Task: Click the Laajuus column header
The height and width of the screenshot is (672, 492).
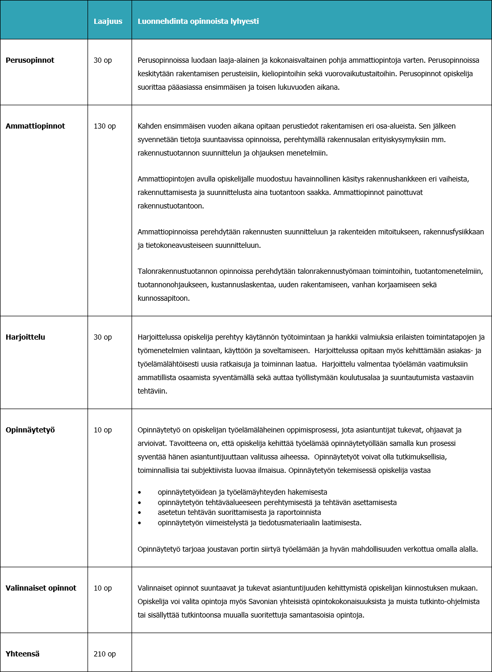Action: (108, 22)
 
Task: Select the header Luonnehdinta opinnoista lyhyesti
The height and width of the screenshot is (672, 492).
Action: (198, 22)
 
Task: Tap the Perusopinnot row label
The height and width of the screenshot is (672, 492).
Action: (30, 60)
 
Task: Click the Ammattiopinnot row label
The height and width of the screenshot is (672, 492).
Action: (35, 126)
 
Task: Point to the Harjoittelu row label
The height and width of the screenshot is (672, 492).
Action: (25, 337)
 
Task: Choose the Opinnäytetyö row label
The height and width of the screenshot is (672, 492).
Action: (30, 430)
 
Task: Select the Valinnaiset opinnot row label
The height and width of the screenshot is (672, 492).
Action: (41, 588)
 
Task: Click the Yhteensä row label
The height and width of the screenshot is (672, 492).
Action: (23, 654)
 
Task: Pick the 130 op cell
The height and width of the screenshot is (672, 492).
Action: (105, 126)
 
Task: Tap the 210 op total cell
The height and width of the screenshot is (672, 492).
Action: (105, 654)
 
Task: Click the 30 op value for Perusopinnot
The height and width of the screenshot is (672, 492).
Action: (103, 60)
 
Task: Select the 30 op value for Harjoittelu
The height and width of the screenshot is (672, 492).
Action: (103, 337)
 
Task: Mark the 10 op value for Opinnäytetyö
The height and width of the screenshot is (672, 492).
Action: (103, 430)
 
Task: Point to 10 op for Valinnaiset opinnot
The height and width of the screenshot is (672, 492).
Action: (103, 588)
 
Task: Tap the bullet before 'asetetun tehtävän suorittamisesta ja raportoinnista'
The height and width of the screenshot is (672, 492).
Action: (140, 513)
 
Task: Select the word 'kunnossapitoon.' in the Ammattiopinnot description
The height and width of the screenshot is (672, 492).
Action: (164, 298)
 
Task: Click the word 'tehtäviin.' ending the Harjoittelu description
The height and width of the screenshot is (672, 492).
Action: (152, 391)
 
